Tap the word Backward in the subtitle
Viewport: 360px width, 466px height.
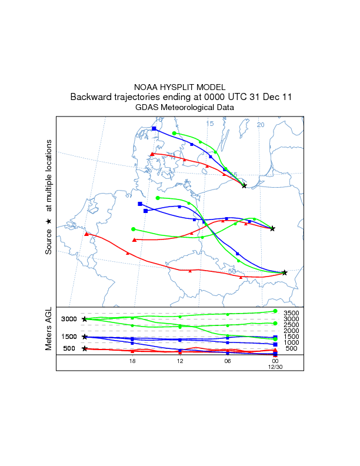coord(91,97)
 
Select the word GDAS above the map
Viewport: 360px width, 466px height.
coord(146,108)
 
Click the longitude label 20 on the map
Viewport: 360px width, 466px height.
coord(261,125)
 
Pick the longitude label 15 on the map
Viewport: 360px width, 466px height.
coord(210,124)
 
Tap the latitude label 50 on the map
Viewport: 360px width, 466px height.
coord(232,271)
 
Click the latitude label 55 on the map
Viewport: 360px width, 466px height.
coord(233,175)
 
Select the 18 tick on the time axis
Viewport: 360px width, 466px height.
coord(132,361)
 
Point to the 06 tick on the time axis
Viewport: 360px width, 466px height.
coord(227,361)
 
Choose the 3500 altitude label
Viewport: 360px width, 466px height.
coord(292,313)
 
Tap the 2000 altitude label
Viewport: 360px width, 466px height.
coord(292,331)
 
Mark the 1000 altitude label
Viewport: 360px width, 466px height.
coord(292,342)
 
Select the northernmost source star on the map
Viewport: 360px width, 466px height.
coord(244,185)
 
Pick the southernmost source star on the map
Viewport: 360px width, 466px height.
coord(285,272)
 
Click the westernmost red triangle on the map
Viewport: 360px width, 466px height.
coord(86,234)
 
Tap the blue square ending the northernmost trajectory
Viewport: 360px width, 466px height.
coord(154,128)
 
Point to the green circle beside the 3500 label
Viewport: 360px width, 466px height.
coord(275,311)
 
